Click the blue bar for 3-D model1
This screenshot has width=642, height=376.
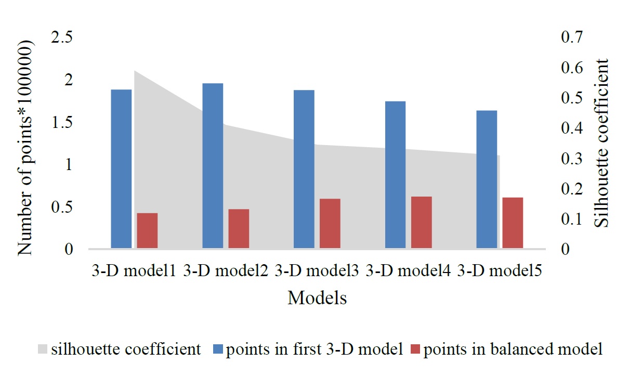[x=121, y=169]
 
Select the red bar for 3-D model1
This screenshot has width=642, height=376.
[x=147, y=230]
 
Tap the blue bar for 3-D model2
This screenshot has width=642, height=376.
[x=213, y=166]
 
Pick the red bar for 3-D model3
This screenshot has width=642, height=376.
[x=330, y=224]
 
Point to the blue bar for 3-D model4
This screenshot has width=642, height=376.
[x=395, y=175]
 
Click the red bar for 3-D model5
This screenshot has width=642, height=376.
[x=513, y=223]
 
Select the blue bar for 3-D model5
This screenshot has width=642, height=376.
[x=487, y=179]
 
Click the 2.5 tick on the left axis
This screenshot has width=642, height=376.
[x=62, y=38]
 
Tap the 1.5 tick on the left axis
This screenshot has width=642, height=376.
[x=62, y=123]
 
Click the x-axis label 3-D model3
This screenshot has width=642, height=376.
[x=317, y=271]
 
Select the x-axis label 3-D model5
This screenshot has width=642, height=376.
[x=500, y=271]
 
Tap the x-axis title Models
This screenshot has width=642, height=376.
[x=317, y=298]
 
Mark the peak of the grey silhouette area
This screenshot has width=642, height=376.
[x=135, y=71]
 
